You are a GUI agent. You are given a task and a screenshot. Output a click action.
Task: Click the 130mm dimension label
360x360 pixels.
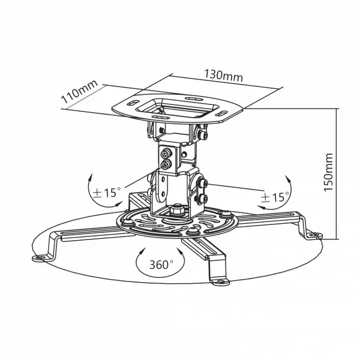(223, 75)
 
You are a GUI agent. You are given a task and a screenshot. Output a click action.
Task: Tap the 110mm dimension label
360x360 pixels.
(79, 92)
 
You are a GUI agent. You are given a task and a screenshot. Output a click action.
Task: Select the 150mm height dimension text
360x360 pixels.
(328, 172)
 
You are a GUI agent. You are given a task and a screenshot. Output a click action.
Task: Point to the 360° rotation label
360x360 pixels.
(161, 265)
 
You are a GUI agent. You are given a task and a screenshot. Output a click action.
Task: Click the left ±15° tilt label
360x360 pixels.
(107, 193)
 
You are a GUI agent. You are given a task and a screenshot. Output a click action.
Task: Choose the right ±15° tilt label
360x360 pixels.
(275, 197)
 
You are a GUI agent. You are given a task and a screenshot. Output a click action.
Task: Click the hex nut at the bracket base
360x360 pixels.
(177, 209)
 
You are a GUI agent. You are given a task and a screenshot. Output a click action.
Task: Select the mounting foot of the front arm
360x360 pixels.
(221, 282)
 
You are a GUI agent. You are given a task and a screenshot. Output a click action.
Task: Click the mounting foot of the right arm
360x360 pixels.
(315, 236)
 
